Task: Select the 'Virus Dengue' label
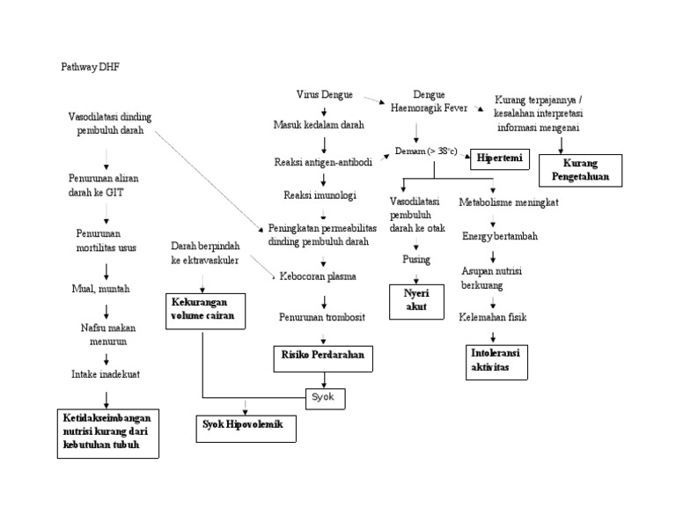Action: click(326, 94)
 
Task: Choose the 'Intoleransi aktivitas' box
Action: click(495, 360)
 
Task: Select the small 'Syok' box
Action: click(324, 398)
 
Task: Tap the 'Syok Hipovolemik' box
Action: click(246, 428)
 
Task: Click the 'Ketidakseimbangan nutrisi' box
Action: click(107, 431)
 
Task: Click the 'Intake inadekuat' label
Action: click(106, 374)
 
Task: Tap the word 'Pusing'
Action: click(415, 260)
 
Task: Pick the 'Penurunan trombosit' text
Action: click(322, 316)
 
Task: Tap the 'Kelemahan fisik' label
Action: click(493, 317)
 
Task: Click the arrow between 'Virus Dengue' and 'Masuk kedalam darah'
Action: click(325, 110)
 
